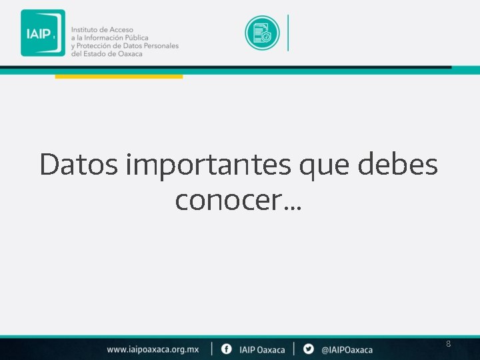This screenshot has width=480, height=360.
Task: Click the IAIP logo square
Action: [43, 33]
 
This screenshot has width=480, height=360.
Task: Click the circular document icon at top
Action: [262, 33]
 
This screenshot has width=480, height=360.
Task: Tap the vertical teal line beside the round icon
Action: [288, 33]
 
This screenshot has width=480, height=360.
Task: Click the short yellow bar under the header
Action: [118, 77]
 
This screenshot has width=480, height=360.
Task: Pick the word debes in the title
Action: [398, 164]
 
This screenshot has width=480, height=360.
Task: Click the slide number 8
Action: [448, 344]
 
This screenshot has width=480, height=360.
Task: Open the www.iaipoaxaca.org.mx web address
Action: [153, 349]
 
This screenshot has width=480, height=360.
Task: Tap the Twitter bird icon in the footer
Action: [308, 349]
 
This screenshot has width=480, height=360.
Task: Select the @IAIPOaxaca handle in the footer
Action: [347, 349]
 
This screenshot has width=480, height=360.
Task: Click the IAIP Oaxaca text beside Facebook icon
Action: [262, 349]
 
